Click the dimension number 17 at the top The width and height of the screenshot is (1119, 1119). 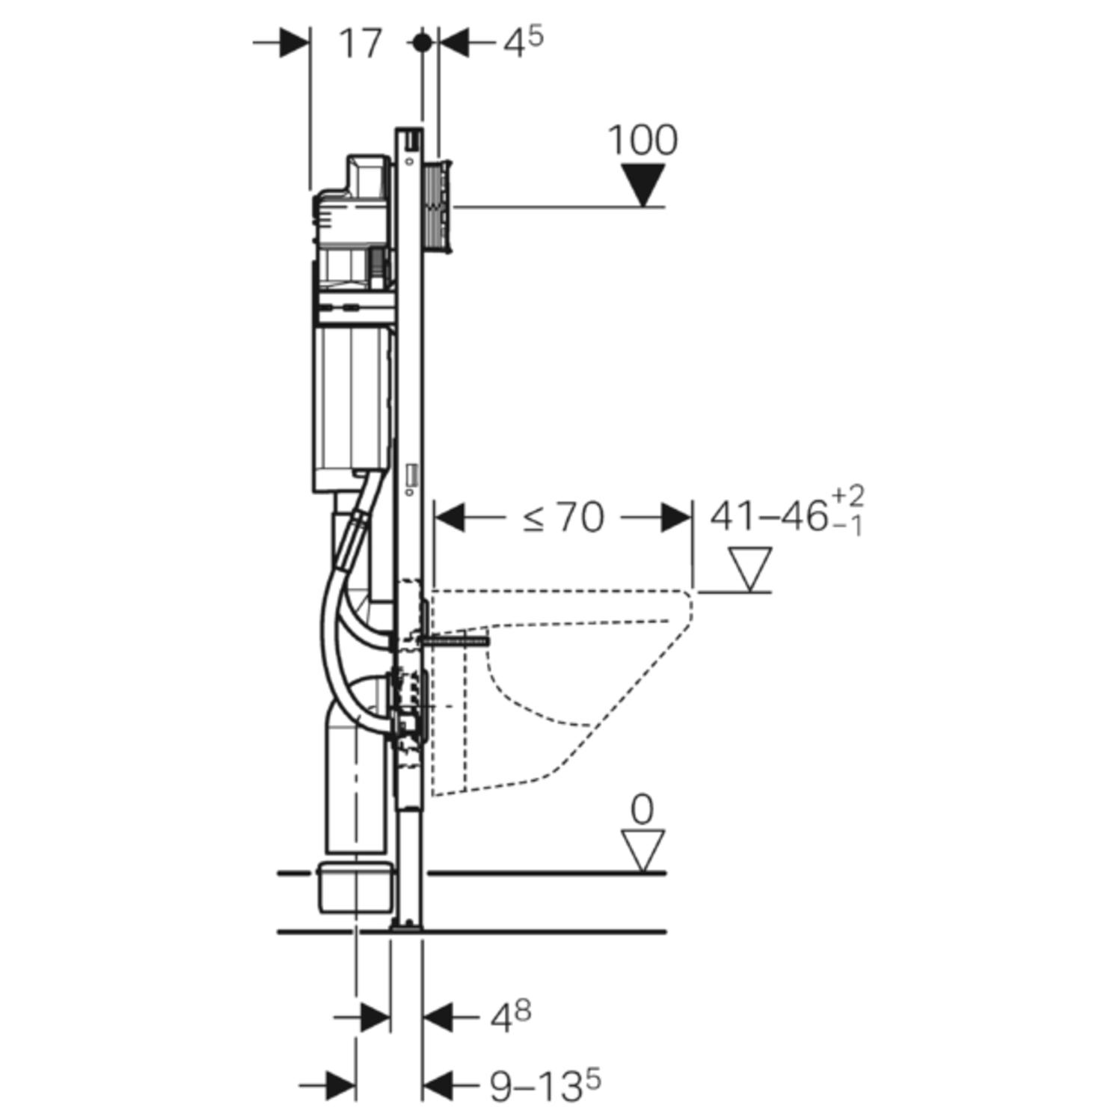tap(361, 43)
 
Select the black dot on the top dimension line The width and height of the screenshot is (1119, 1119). tap(423, 43)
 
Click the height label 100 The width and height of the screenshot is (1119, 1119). tap(643, 140)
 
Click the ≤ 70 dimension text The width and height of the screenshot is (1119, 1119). tap(564, 518)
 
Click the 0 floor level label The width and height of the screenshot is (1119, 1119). tap(642, 810)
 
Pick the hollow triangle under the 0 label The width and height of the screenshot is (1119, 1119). tap(643, 850)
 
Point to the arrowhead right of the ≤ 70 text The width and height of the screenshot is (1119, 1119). tap(675, 518)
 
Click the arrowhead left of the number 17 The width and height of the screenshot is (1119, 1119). tap(293, 43)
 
